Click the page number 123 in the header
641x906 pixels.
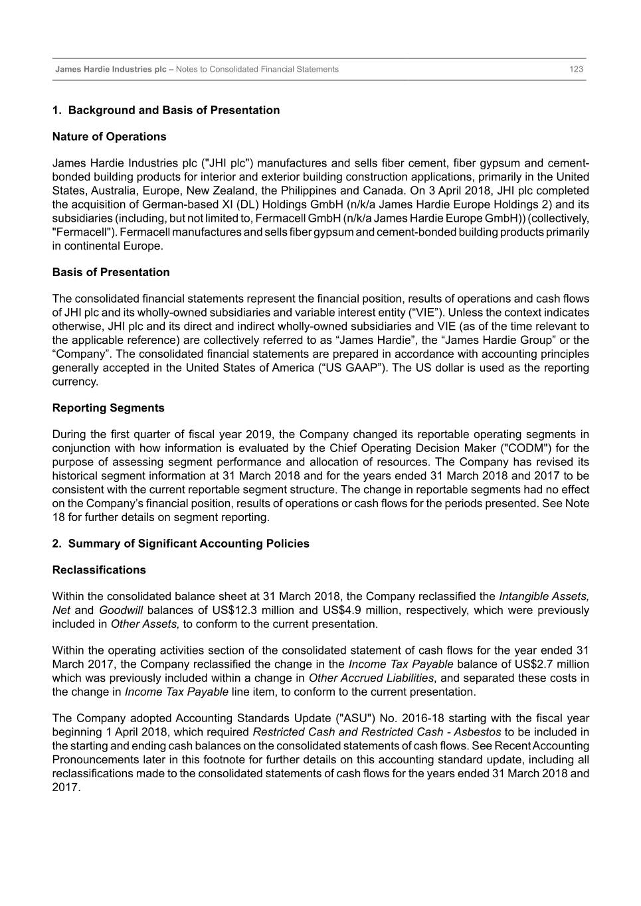pos(576,69)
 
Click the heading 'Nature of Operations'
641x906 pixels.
pos(109,137)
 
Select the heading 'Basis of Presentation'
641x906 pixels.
pos(111,272)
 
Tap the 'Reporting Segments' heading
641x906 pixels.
pos(108,408)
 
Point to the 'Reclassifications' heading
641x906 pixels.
pos(99,570)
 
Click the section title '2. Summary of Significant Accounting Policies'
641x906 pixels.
pos(181,544)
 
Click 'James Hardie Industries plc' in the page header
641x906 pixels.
pos(111,69)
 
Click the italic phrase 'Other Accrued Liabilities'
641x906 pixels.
pos(371,678)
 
